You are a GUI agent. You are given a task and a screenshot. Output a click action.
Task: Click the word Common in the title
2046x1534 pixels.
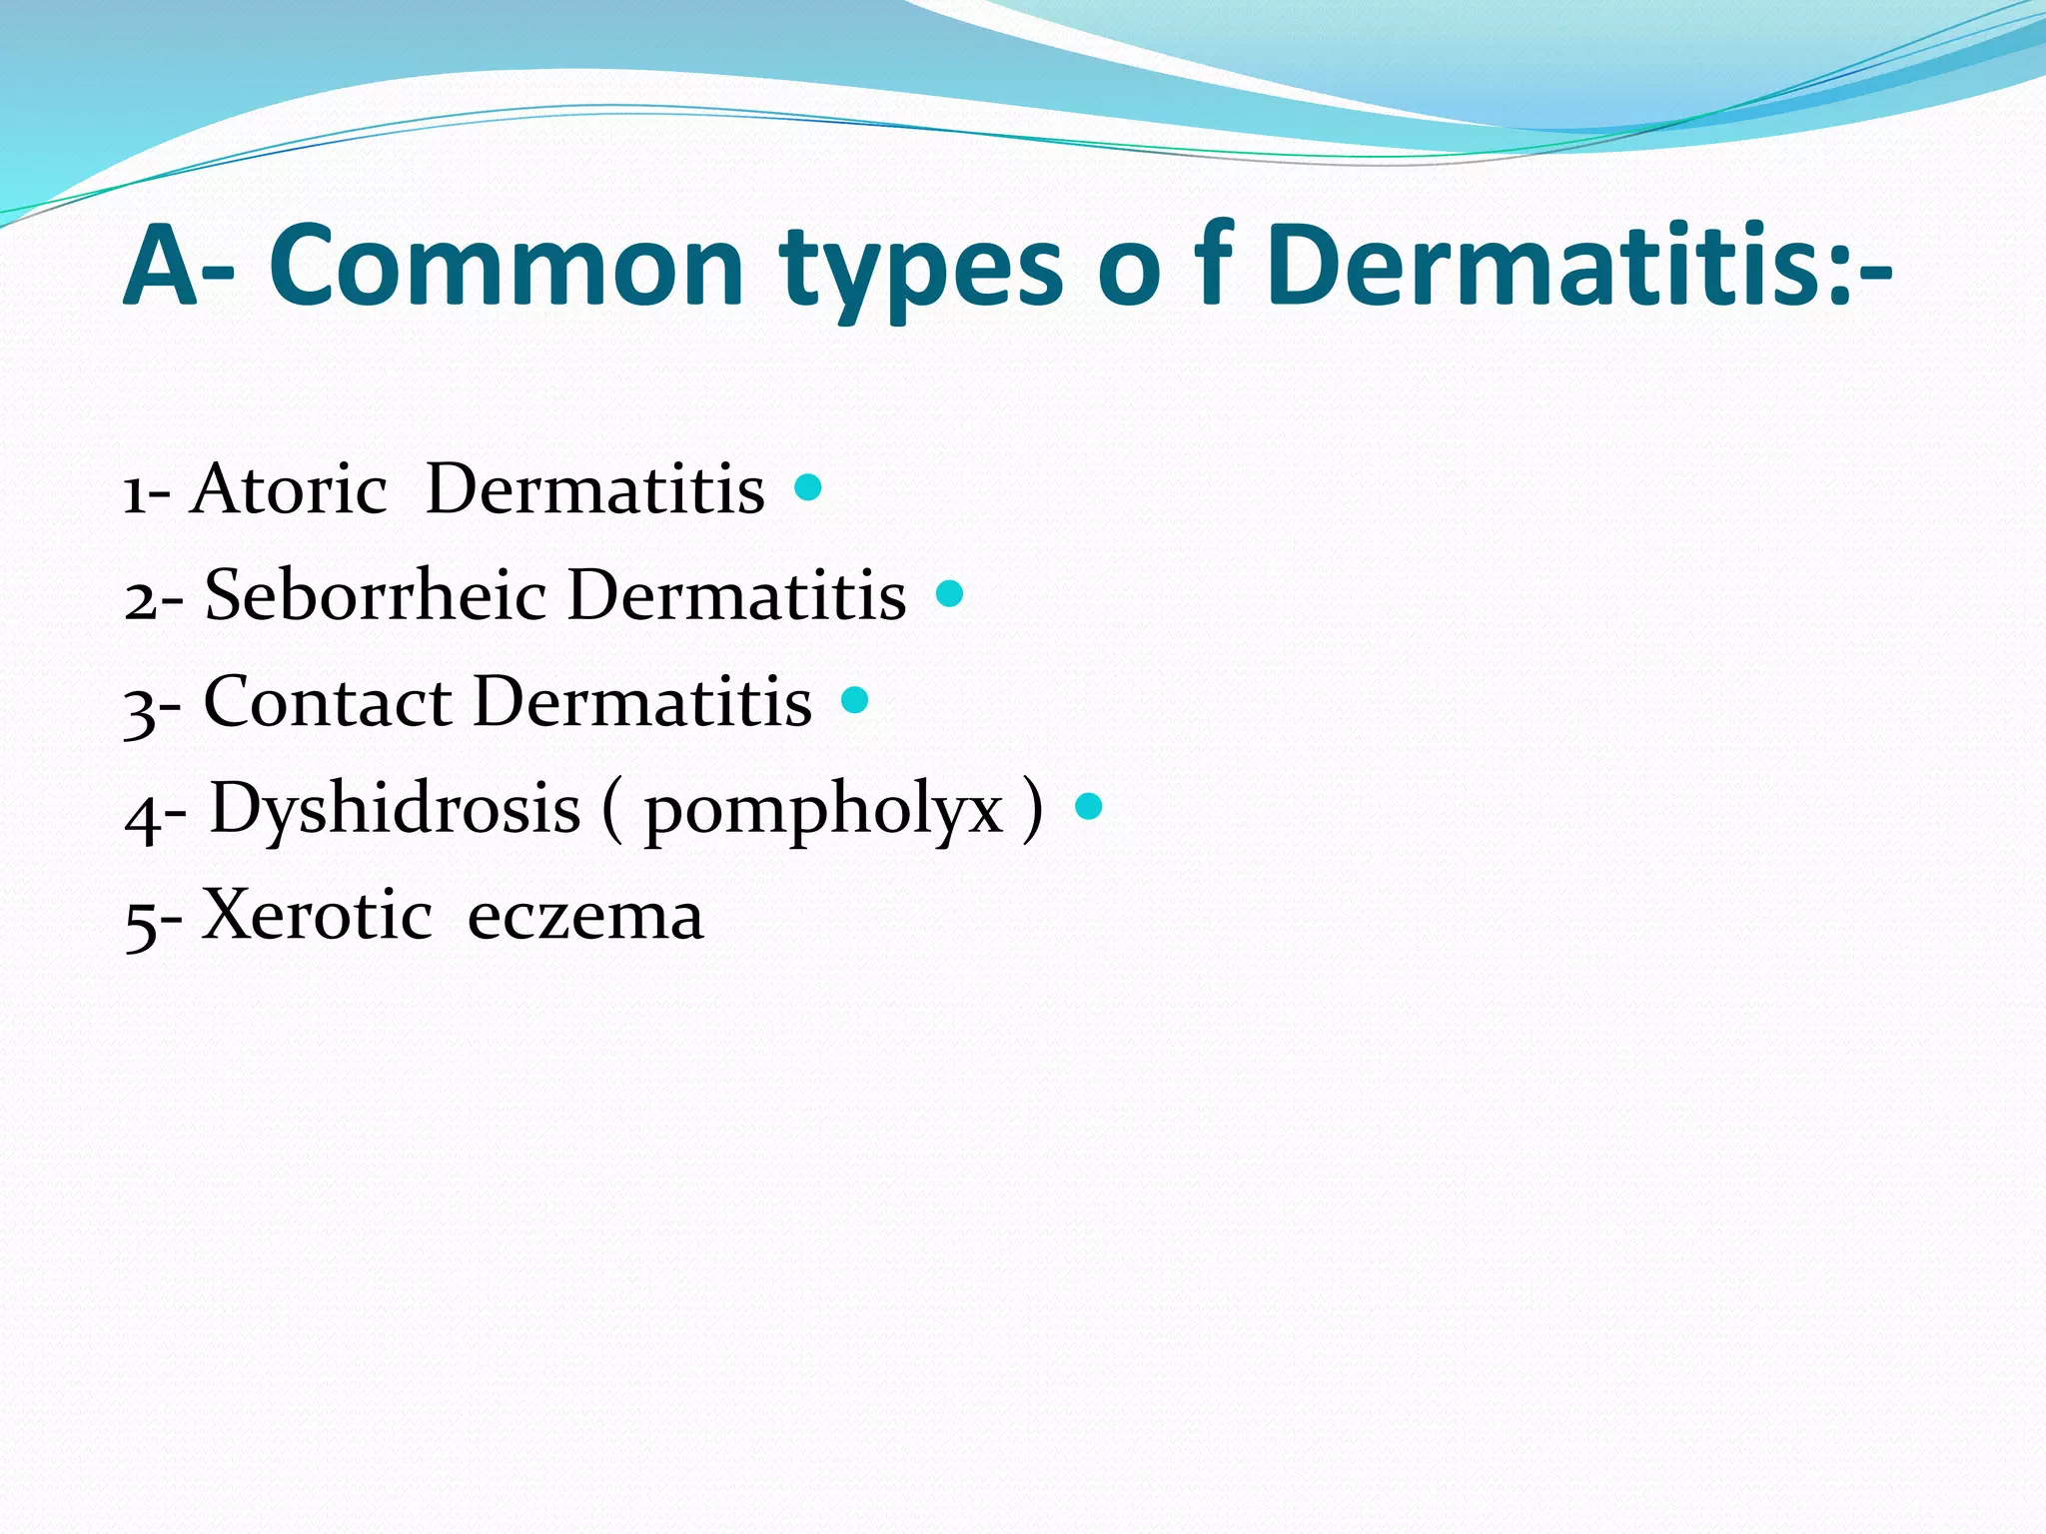coord(508,267)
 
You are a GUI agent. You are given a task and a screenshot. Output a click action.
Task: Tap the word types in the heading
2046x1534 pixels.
coord(921,270)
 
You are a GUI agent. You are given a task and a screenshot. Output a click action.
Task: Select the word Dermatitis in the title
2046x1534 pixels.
coord(1546,267)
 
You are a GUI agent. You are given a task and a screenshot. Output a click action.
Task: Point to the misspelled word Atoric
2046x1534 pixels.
coord(289,490)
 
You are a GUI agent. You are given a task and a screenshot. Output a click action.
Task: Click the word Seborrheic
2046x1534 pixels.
coord(376,596)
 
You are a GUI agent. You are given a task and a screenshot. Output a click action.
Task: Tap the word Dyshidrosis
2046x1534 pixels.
coord(396,809)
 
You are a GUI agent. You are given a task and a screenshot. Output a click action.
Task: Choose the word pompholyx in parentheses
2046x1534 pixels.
coord(823,811)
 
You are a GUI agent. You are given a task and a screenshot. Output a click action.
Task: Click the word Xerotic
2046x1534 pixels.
coord(317,915)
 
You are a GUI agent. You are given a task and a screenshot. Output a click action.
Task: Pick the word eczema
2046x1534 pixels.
coord(585,917)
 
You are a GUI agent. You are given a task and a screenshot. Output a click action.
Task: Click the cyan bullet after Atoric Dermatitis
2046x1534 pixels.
coord(807,488)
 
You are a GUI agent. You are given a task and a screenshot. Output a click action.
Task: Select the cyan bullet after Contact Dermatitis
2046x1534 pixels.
coord(855,700)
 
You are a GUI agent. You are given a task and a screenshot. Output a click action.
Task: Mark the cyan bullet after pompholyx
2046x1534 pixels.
coord(1089,806)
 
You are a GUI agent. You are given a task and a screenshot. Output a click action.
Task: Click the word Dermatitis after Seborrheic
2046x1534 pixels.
coord(737,596)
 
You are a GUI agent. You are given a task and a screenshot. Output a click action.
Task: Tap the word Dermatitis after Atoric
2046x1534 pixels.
coord(595,490)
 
